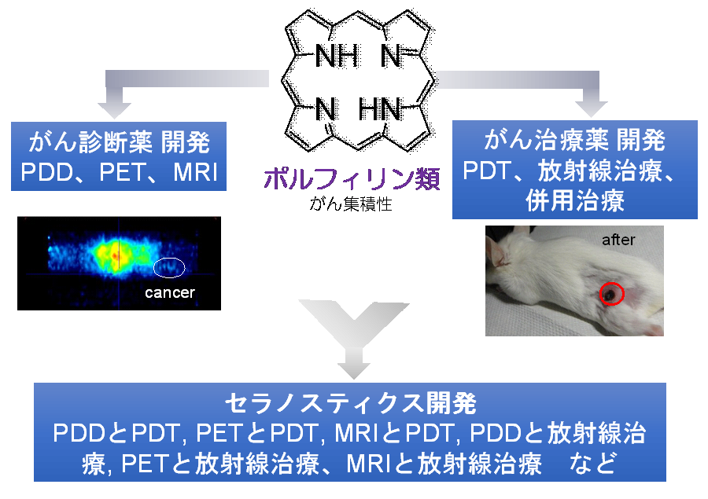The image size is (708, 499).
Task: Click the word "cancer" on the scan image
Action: [x=170, y=293]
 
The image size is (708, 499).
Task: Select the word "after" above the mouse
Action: [x=618, y=240]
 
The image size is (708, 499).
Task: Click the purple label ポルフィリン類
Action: [x=352, y=178]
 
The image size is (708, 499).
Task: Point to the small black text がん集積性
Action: [x=351, y=204]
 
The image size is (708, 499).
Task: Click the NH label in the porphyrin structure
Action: [x=337, y=56]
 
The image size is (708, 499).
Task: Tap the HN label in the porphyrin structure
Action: [x=380, y=110]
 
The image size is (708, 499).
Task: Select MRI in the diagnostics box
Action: [x=196, y=172]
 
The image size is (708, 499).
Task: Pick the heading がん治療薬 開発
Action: [x=574, y=140]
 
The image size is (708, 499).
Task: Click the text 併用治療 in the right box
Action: [x=575, y=200]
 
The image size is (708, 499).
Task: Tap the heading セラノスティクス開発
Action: [x=351, y=403]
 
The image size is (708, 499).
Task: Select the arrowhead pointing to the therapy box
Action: [x=591, y=108]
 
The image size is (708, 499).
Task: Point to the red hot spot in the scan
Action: [x=115, y=256]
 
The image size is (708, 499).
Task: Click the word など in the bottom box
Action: [x=593, y=463]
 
